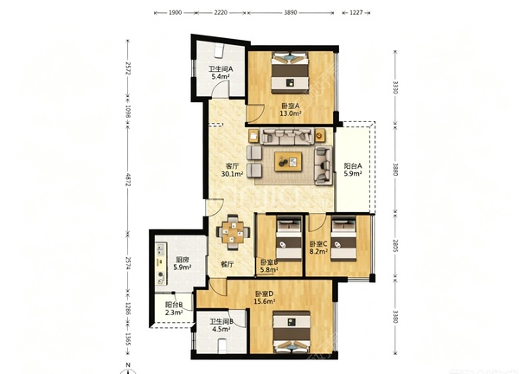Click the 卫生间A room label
pyautogui.click(x=221, y=69)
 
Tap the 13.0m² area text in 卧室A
pyautogui.click(x=291, y=114)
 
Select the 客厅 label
pyautogui.click(x=232, y=166)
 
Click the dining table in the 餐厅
pyautogui.click(x=233, y=231)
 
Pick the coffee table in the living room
pyautogui.click(x=288, y=161)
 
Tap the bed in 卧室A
pyautogui.click(x=291, y=73)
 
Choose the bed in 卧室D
pyautogui.click(x=292, y=332)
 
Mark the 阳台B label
pyautogui.click(x=174, y=305)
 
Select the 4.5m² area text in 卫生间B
pyautogui.click(x=221, y=329)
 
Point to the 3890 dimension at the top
pyautogui.click(x=291, y=13)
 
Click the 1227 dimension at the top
pyautogui.click(x=356, y=13)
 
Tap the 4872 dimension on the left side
pyautogui.click(x=128, y=179)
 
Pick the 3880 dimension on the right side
pyautogui.click(x=395, y=170)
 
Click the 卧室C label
pyautogui.click(x=318, y=244)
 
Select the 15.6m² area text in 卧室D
pyautogui.click(x=265, y=301)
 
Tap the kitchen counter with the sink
pyautogui.click(x=161, y=263)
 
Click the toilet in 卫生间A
pyautogui.click(x=219, y=51)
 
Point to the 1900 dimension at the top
pyautogui.click(x=175, y=13)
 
